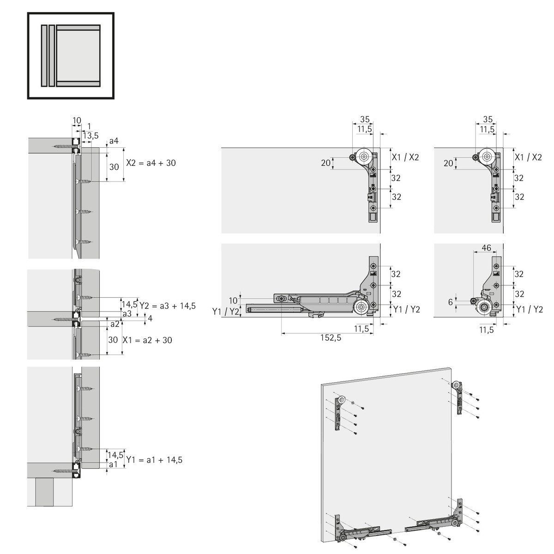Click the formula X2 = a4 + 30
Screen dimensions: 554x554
tap(151, 163)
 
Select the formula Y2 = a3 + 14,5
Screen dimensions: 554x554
tap(168, 306)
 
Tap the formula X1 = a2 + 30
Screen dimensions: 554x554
tap(147, 340)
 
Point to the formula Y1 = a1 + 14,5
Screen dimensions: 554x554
tap(154, 460)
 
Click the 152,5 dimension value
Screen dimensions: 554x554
tap(331, 338)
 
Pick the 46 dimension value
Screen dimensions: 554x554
tap(486, 247)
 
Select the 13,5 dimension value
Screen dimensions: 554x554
tap(91, 135)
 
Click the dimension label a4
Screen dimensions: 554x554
tap(114, 141)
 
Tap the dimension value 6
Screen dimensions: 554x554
tap(451, 302)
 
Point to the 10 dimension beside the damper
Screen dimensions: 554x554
tap(233, 301)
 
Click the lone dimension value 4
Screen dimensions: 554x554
tap(150, 318)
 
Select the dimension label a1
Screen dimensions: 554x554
tap(114, 464)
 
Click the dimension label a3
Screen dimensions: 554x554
tap(127, 313)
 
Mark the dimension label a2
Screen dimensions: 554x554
tap(115, 324)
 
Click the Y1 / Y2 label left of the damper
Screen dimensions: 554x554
tap(226, 311)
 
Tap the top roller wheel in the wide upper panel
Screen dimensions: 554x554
tap(364, 157)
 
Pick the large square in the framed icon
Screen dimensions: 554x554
tap(78, 55)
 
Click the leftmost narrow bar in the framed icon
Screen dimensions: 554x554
tap(44, 55)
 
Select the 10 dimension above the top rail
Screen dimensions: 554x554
tap(77, 120)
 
